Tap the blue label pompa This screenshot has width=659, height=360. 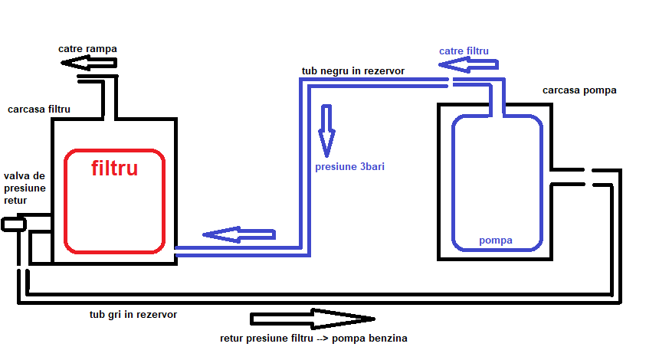(x=495, y=241)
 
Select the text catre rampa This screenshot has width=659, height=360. (x=87, y=49)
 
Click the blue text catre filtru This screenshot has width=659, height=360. (x=464, y=51)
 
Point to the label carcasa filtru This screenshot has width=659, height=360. (x=39, y=110)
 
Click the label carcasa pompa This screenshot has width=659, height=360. (x=579, y=90)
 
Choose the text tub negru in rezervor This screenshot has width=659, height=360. (x=353, y=71)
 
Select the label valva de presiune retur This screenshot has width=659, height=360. (x=24, y=188)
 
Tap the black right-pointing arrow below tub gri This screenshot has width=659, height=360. (x=312, y=318)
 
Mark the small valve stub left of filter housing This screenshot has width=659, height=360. (x=13, y=224)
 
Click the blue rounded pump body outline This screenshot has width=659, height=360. (x=454, y=184)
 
